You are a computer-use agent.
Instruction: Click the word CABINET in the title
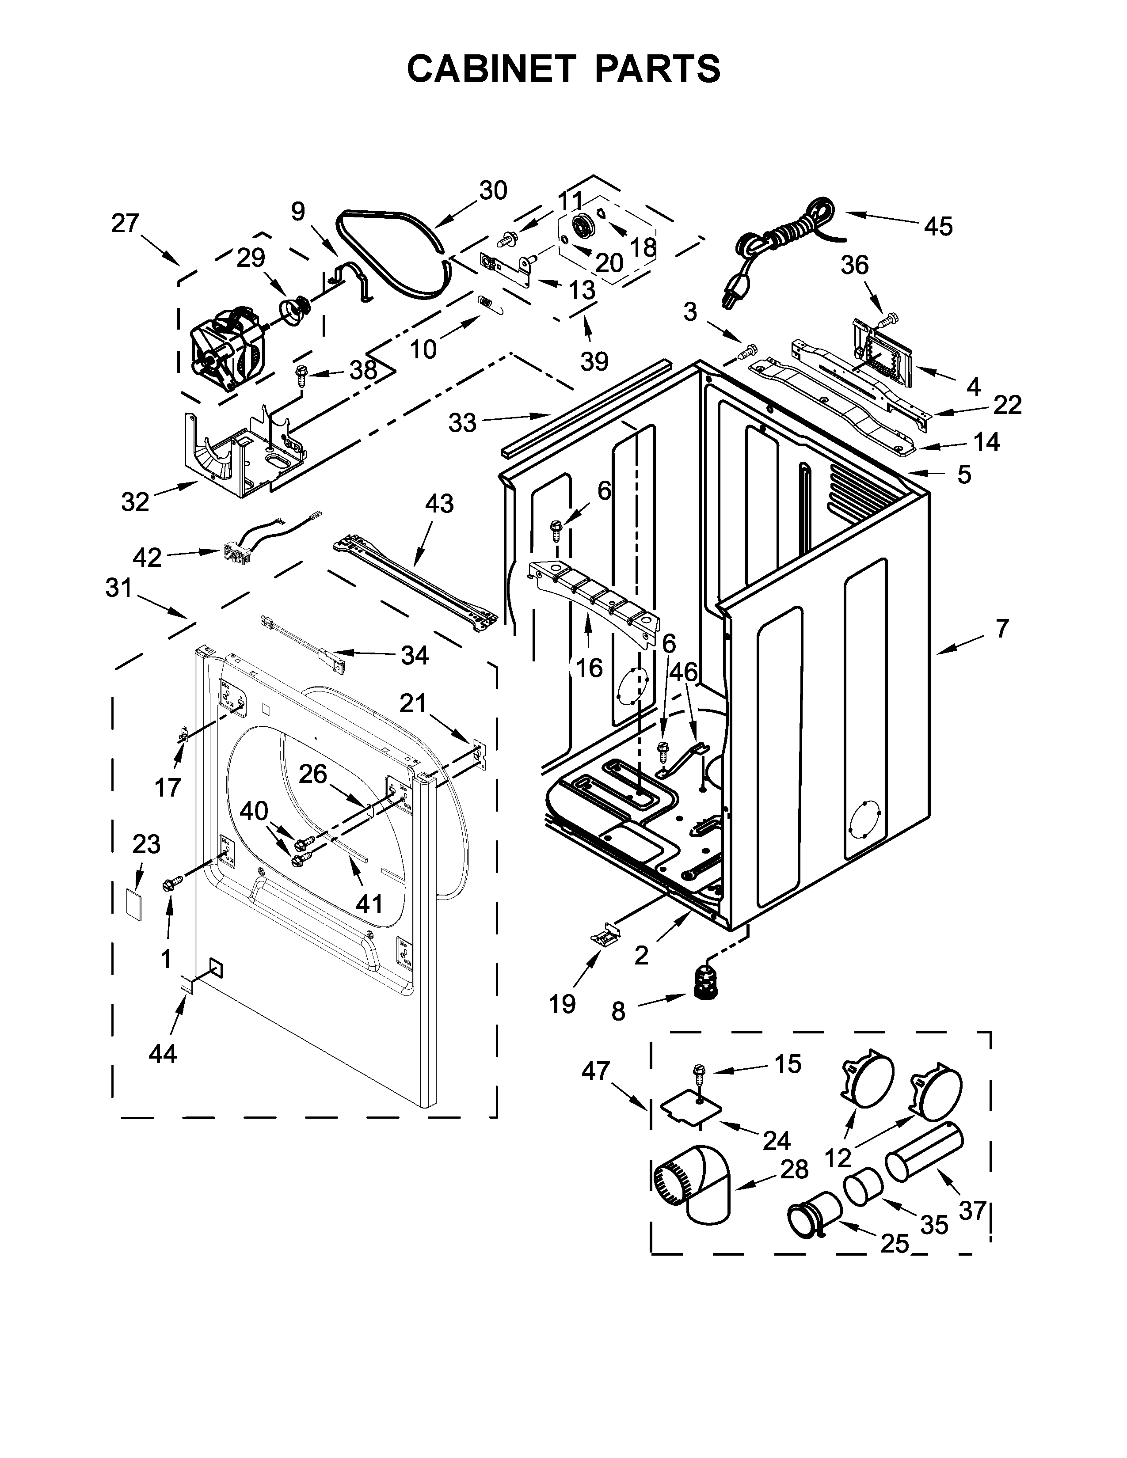point(491,69)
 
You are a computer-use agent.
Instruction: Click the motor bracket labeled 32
point(240,454)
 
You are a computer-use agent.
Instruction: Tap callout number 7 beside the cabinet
point(1001,629)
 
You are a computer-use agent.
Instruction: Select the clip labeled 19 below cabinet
point(604,937)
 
